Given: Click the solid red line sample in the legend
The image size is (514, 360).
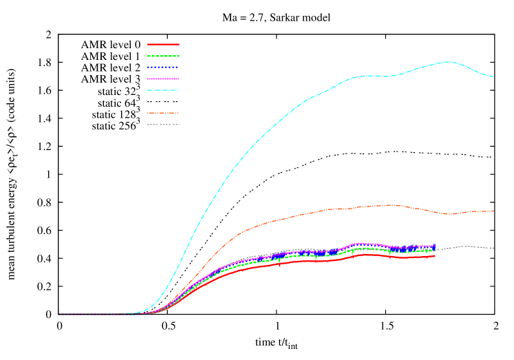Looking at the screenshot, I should pos(163,44).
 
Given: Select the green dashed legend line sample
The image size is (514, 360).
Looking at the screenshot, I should pos(163,56).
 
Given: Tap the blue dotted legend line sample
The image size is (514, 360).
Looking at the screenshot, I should pos(163,67).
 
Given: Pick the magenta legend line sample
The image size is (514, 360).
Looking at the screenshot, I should pos(163,79).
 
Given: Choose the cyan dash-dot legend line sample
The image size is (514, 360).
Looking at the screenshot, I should pos(163,90).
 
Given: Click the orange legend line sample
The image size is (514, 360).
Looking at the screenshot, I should pos(163,113).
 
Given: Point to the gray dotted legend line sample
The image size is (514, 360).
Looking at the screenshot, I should pos(163,125).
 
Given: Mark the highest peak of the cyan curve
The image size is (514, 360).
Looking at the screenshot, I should pos(448,62).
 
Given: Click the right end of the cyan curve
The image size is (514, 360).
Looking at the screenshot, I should pos(493,76).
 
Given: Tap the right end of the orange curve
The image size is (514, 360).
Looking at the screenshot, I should pos(493,211).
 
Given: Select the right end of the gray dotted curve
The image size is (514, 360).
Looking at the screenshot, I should pos(493,248).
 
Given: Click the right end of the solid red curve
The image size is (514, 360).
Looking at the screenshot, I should pos(435,255).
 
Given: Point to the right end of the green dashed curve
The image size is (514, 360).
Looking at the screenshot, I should pos(435,250).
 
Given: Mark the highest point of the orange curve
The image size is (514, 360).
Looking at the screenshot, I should pos(391,204).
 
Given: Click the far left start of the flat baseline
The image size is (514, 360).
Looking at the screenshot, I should pos(59,314).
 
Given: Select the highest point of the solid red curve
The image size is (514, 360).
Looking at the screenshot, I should pos(365,254).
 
